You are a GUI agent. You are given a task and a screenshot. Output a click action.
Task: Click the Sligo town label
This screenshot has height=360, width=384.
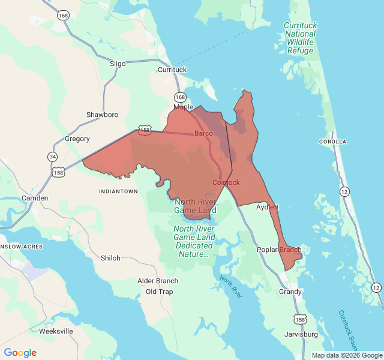pyautogui.click(x=118, y=63)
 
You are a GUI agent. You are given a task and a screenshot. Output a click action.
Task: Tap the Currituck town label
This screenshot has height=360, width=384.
pyautogui.click(x=172, y=70)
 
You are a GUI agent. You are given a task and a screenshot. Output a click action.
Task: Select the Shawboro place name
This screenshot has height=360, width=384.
pyautogui.click(x=102, y=115)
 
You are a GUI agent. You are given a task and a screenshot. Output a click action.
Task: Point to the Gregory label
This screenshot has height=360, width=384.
pyautogui.click(x=77, y=139)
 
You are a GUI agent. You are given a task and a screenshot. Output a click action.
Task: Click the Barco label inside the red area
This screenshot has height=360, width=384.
pyautogui.click(x=203, y=133)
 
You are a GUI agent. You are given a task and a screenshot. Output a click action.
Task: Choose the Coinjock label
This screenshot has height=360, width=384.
pyautogui.click(x=226, y=182)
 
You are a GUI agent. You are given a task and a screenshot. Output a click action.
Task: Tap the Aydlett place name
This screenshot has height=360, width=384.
pyautogui.click(x=268, y=207)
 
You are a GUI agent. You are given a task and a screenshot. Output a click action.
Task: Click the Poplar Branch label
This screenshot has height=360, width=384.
pyautogui.click(x=279, y=250)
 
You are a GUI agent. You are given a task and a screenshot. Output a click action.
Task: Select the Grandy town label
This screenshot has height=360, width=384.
pyautogui.click(x=290, y=292)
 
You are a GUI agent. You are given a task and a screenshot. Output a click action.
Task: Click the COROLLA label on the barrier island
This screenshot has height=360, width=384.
pyautogui.click(x=332, y=142)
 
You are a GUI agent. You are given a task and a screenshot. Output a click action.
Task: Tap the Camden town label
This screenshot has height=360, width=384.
pyautogui.click(x=34, y=198)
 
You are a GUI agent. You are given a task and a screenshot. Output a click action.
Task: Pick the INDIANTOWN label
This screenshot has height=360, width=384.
pyautogui.click(x=118, y=191)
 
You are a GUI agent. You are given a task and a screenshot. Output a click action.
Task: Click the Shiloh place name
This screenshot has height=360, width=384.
pyautogui.click(x=110, y=258)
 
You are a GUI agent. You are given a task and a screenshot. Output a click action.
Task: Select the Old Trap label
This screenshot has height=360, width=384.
pyautogui.click(x=159, y=292)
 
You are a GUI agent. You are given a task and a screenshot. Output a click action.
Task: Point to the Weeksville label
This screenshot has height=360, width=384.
pyautogui.click(x=56, y=331)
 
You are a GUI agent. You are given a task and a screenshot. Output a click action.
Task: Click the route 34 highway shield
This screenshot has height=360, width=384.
pyautogui.click(x=53, y=157)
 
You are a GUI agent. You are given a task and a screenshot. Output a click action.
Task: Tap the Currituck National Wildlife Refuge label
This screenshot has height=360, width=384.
pyautogui.click(x=300, y=38)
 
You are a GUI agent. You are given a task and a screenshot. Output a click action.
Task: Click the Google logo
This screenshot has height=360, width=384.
pyautogui.click(x=20, y=353)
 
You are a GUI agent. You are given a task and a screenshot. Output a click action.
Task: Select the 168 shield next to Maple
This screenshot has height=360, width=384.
pyautogui.click(x=180, y=97)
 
